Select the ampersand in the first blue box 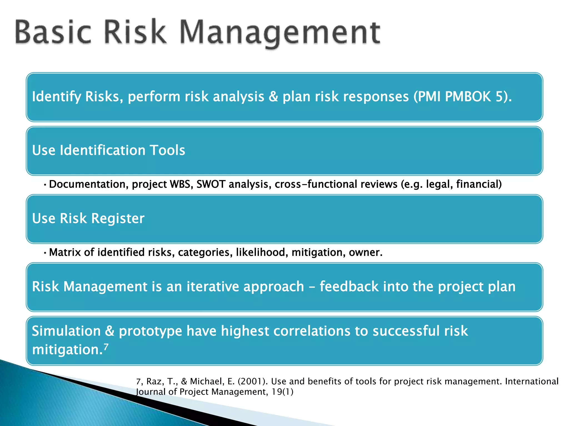[273, 97]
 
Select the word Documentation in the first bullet [87, 184]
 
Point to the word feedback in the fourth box [349, 286]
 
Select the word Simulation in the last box [66, 331]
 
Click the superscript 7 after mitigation [106, 347]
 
